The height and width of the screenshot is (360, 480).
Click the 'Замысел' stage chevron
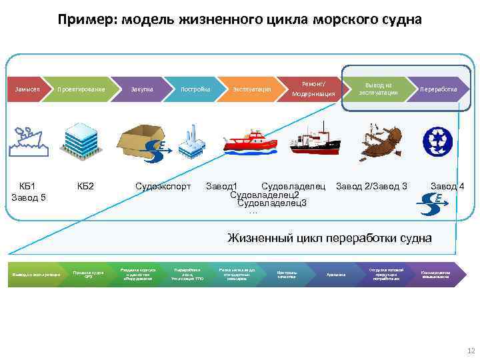click(26, 89)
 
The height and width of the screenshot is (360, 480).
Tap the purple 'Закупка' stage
click(141, 89)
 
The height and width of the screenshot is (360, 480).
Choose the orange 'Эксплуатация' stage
click(251, 89)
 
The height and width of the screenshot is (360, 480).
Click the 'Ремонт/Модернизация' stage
click(313, 89)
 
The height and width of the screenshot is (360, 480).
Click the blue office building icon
click(79, 139)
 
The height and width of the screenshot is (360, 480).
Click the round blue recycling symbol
click(437, 141)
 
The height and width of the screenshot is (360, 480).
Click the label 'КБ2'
click(85, 185)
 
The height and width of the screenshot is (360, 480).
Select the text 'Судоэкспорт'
click(163, 185)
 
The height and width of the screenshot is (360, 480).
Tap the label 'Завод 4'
click(447, 185)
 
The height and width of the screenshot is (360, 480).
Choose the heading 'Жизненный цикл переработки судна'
click(329, 238)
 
